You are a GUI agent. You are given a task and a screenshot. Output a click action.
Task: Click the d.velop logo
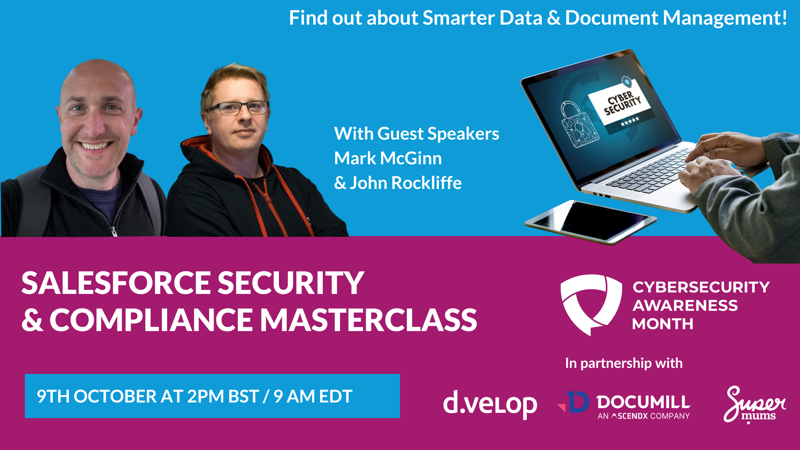490,404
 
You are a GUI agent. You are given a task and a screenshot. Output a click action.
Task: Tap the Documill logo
624,405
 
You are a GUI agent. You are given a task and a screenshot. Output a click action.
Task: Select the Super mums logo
754,404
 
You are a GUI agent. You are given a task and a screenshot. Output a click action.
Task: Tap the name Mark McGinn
388,158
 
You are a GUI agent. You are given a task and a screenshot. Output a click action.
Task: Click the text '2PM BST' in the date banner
223,396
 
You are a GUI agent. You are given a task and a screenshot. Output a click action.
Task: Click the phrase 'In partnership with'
624,363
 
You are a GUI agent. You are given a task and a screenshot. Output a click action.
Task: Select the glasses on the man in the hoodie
238,108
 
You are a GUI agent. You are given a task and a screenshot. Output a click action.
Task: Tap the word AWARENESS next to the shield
685,305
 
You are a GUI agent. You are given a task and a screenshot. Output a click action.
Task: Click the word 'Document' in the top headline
611,18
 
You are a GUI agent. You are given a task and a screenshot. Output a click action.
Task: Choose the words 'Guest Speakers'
438,134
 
